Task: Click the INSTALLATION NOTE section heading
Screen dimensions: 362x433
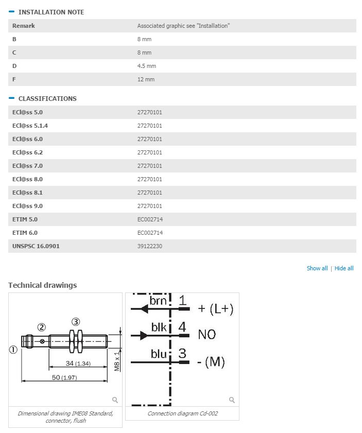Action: (51, 12)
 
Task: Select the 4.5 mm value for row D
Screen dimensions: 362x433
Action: (147, 66)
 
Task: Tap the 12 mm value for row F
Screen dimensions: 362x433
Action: (146, 79)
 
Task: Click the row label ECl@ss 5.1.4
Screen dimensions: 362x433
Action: (30, 126)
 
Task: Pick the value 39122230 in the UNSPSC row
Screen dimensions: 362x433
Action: (150, 246)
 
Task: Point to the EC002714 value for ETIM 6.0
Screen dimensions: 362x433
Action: (150, 233)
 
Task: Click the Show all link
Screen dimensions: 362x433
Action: (317, 268)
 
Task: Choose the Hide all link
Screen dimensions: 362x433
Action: (344, 268)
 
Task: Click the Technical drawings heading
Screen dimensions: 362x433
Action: (43, 285)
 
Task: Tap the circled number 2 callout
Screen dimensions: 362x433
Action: (41, 327)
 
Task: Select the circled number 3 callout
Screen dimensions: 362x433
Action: (76, 322)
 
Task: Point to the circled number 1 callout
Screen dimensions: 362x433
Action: (13, 350)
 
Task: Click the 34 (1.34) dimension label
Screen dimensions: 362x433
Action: (78, 363)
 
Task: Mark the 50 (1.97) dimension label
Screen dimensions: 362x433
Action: (64, 377)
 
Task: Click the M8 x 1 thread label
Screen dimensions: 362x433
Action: (117, 361)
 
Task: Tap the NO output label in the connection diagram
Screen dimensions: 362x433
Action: (207, 335)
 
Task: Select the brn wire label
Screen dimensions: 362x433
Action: (158, 301)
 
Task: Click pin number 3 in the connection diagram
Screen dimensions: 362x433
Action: (182, 354)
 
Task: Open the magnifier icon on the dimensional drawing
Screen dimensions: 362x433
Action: (115, 400)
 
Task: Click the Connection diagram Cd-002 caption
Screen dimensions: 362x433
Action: (182, 413)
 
